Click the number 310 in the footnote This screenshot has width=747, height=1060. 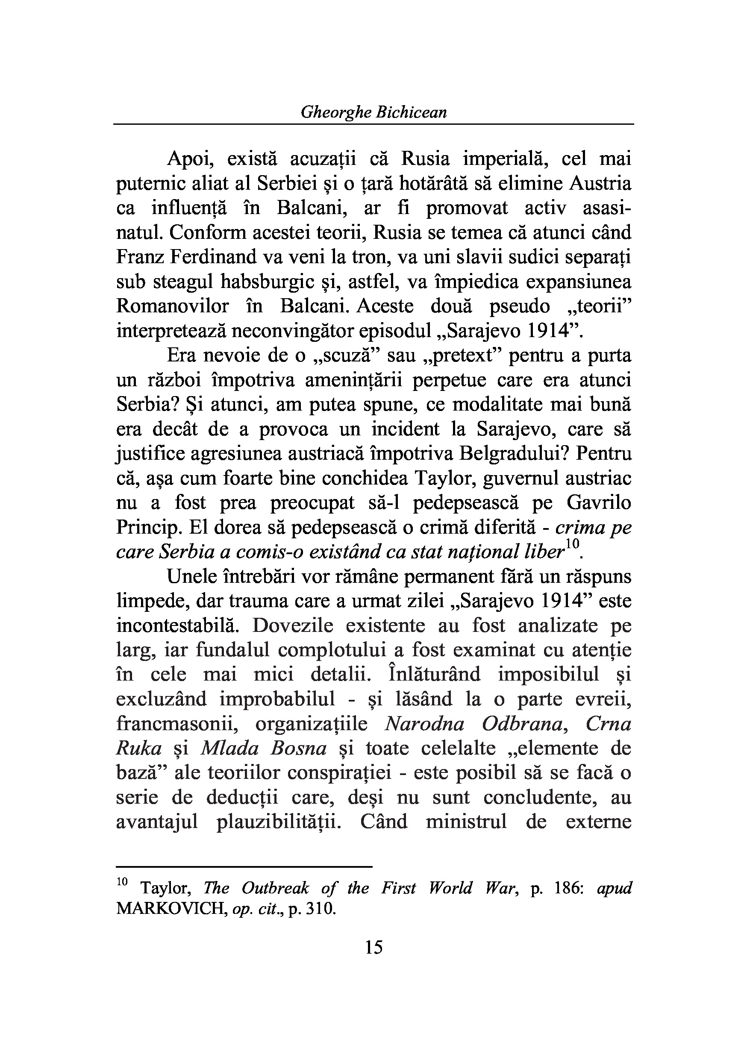coord(321,909)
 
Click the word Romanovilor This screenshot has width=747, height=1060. coord(173,307)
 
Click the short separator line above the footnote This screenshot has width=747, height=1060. coord(244,867)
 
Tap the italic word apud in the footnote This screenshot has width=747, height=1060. coord(614,888)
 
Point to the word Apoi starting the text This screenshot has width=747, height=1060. coord(190,159)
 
